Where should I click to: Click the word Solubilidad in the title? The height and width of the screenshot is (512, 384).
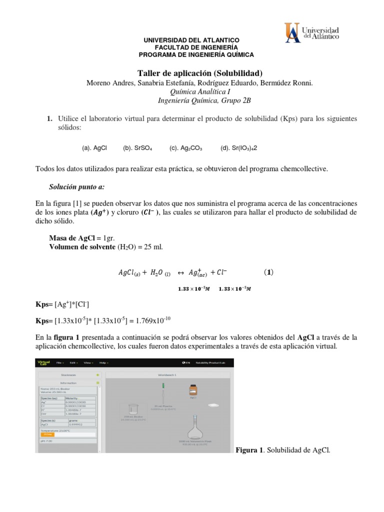pyautogui.click(x=238, y=73)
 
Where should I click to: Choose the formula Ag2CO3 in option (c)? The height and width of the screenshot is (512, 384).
pyautogui.click(x=192, y=148)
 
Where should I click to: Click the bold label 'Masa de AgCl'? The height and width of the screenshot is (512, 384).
pyautogui.click(x=72, y=238)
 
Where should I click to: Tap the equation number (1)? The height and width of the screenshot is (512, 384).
pyautogui.click(x=268, y=272)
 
